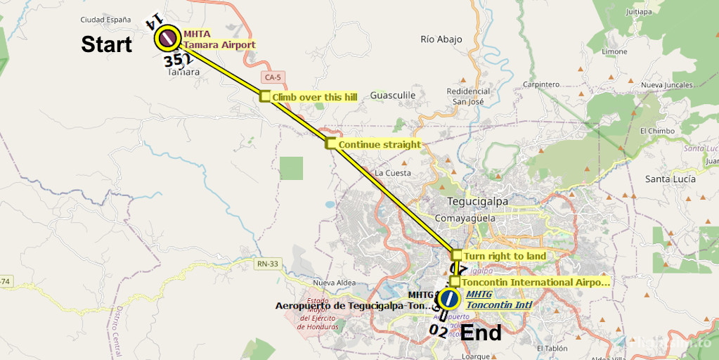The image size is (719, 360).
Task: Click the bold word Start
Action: click(x=106, y=44)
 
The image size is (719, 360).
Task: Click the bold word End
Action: click(x=481, y=332)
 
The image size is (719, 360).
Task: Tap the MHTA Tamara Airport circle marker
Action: click(x=168, y=38)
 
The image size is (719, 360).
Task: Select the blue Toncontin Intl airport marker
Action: click(x=449, y=300)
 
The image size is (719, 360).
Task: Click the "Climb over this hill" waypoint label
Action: click(x=315, y=97)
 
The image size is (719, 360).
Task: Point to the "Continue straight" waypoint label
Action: click(x=379, y=145)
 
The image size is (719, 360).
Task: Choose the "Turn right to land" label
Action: click(x=504, y=256)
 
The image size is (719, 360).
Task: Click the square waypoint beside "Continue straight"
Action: click(x=330, y=144)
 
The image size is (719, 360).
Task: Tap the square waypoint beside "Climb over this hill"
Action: click(x=265, y=96)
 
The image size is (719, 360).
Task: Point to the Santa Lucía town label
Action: click(x=671, y=179)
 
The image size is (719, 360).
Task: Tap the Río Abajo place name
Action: click(x=441, y=39)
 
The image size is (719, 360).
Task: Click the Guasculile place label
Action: click(x=393, y=95)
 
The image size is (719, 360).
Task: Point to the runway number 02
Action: click(x=437, y=329)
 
